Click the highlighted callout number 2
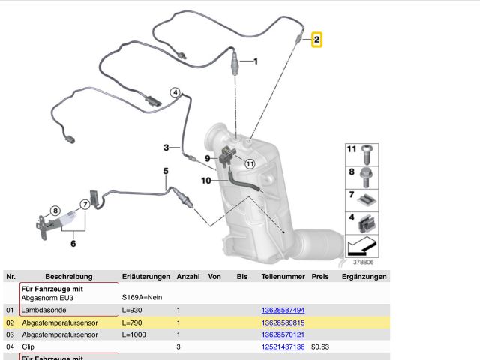pos(317,39)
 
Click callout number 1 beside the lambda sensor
pos(255,61)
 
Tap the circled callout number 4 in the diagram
pos(175,93)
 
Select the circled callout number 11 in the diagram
pos(250,163)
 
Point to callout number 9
pos(208,158)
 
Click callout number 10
pos(205,181)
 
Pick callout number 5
pos(166,172)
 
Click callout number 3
pos(166,147)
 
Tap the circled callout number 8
pos(55,211)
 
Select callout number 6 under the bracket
pos(73,243)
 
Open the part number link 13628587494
pos(283,310)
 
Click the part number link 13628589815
pos(283,322)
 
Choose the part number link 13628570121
pos(283,334)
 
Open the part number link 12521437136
pos(283,346)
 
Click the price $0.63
pos(321,346)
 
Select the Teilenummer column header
pos(282,277)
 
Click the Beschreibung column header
pos(67,277)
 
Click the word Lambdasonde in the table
pos(45,310)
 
